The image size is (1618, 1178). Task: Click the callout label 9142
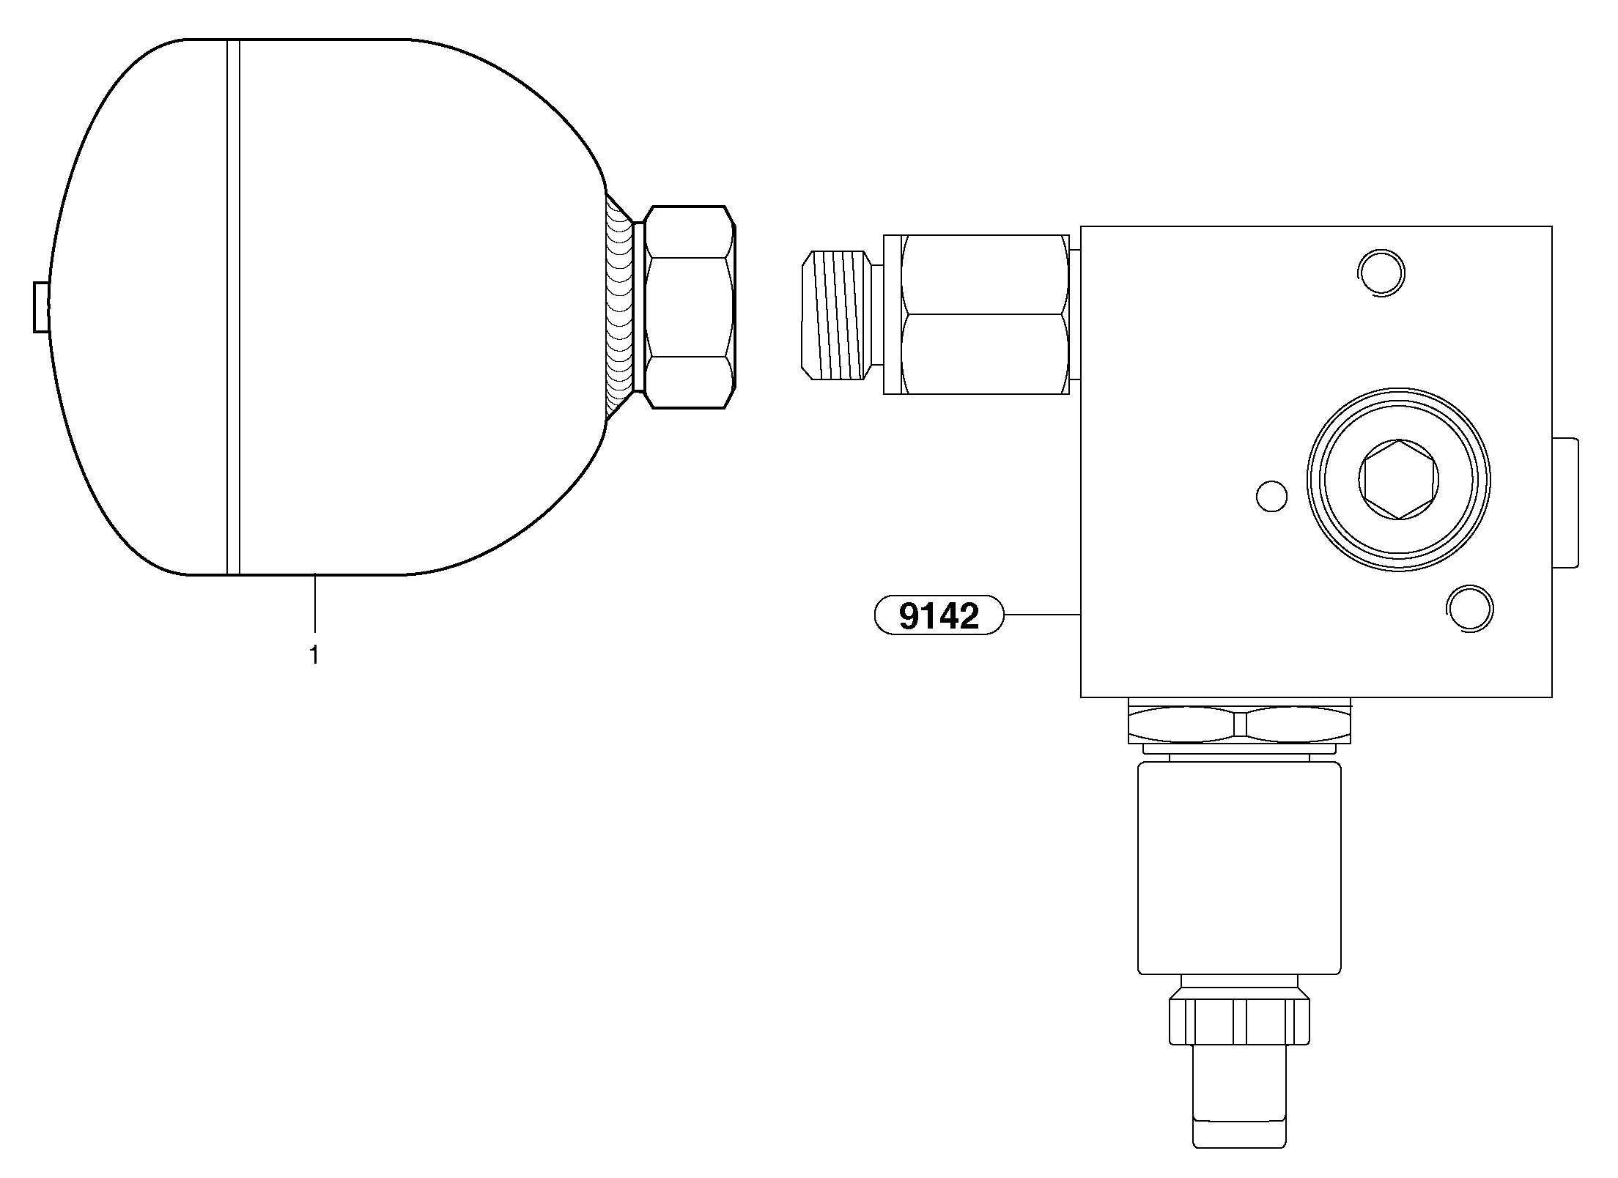[x=939, y=615]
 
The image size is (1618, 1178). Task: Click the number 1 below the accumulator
[x=314, y=655]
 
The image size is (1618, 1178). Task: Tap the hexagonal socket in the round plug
[x=1398, y=480]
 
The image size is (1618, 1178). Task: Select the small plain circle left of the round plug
[x=1271, y=496]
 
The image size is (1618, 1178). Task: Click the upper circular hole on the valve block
[x=1381, y=273]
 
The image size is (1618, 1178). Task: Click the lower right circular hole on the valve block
[x=1470, y=608]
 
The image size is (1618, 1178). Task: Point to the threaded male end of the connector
[x=837, y=315]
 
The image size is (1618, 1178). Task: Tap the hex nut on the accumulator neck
[x=689, y=307]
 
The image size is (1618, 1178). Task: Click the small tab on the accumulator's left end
[x=41, y=307]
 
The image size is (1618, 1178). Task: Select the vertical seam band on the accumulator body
[x=233, y=307]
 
